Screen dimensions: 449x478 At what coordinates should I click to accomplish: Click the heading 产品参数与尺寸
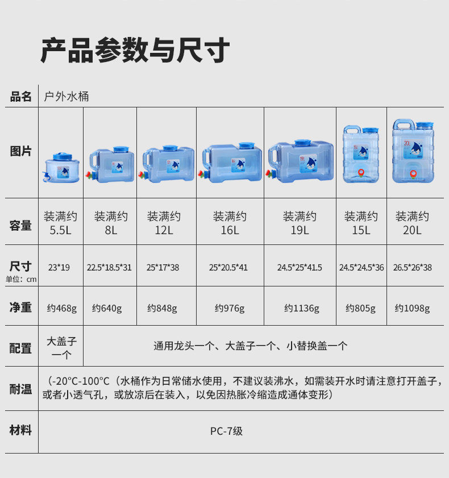coord(135,51)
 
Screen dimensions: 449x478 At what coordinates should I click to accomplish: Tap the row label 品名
coord(21,97)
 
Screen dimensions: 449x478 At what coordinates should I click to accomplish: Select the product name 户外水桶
coord(66,97)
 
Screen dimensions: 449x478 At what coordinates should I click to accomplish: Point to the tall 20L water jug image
coord(413,152)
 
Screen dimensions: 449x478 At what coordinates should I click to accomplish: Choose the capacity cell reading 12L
coord(164,223)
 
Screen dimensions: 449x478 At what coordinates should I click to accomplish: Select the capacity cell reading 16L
coord(230,223)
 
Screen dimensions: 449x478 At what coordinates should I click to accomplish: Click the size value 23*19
coord(59,267)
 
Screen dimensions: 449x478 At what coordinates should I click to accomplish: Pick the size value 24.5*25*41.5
coord(300,267)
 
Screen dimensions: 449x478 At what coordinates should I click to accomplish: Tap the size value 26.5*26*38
coord(413,267)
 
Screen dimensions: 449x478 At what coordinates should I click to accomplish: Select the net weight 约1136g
coord(302,308)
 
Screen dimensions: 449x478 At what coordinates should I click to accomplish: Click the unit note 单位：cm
coord(21,279)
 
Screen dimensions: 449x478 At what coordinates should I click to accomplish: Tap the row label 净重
coord(21,307)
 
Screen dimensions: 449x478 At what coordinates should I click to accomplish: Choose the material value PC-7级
coord(226,431)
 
